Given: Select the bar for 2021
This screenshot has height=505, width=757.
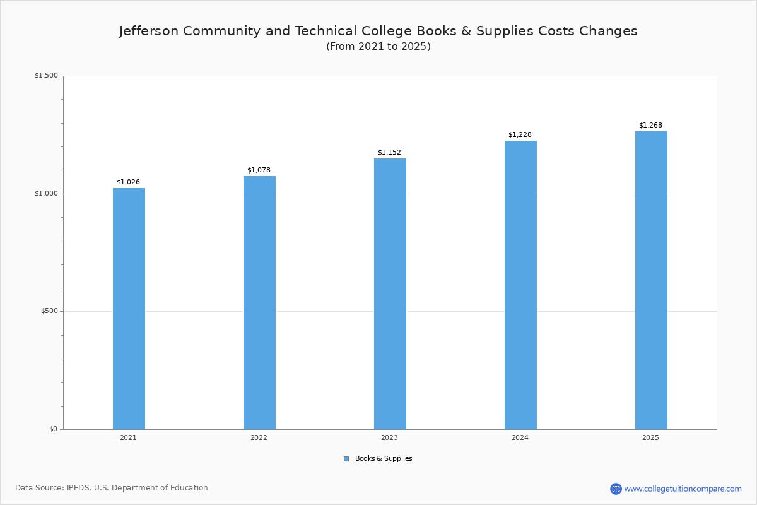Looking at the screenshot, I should (x=129, y=309).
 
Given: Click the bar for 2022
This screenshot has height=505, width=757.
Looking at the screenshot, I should (x=259, y=302).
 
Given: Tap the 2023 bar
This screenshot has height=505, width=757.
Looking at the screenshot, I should (x=390, y=294).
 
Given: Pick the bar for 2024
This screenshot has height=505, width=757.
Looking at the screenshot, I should (x=520, y=285).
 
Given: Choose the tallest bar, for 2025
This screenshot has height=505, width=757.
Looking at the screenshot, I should (x=651, y=280).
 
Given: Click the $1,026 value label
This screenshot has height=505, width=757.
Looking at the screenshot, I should (x=128, y=182).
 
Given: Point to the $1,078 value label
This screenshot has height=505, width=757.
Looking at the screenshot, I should (x=259, y=170).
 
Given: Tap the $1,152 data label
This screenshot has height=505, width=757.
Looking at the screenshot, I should (x=389, y=153).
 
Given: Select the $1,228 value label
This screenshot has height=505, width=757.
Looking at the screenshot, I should (x=520, y=135).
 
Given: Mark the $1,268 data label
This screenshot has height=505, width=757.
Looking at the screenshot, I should (x=650, y=126).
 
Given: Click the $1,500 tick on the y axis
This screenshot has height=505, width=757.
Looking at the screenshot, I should (x=46, y=76).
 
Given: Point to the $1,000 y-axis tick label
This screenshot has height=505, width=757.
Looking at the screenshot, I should (x=46, y=194).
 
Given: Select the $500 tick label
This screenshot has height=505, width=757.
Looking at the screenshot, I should (x=49, y=311).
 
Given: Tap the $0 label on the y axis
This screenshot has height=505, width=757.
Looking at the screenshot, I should (x=53, y=429).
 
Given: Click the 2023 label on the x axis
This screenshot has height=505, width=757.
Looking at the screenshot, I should (x=389, y=437).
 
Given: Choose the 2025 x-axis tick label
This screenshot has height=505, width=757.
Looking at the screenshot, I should (x=650, y=437).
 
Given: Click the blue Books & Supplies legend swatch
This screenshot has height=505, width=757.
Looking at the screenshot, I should (x=346, y=459).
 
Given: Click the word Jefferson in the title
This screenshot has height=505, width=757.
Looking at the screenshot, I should (x=148, y=31).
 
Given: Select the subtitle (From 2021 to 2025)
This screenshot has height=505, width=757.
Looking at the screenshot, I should (x=378, y=47).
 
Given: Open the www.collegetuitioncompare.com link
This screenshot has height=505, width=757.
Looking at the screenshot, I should (x=683, y=489).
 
